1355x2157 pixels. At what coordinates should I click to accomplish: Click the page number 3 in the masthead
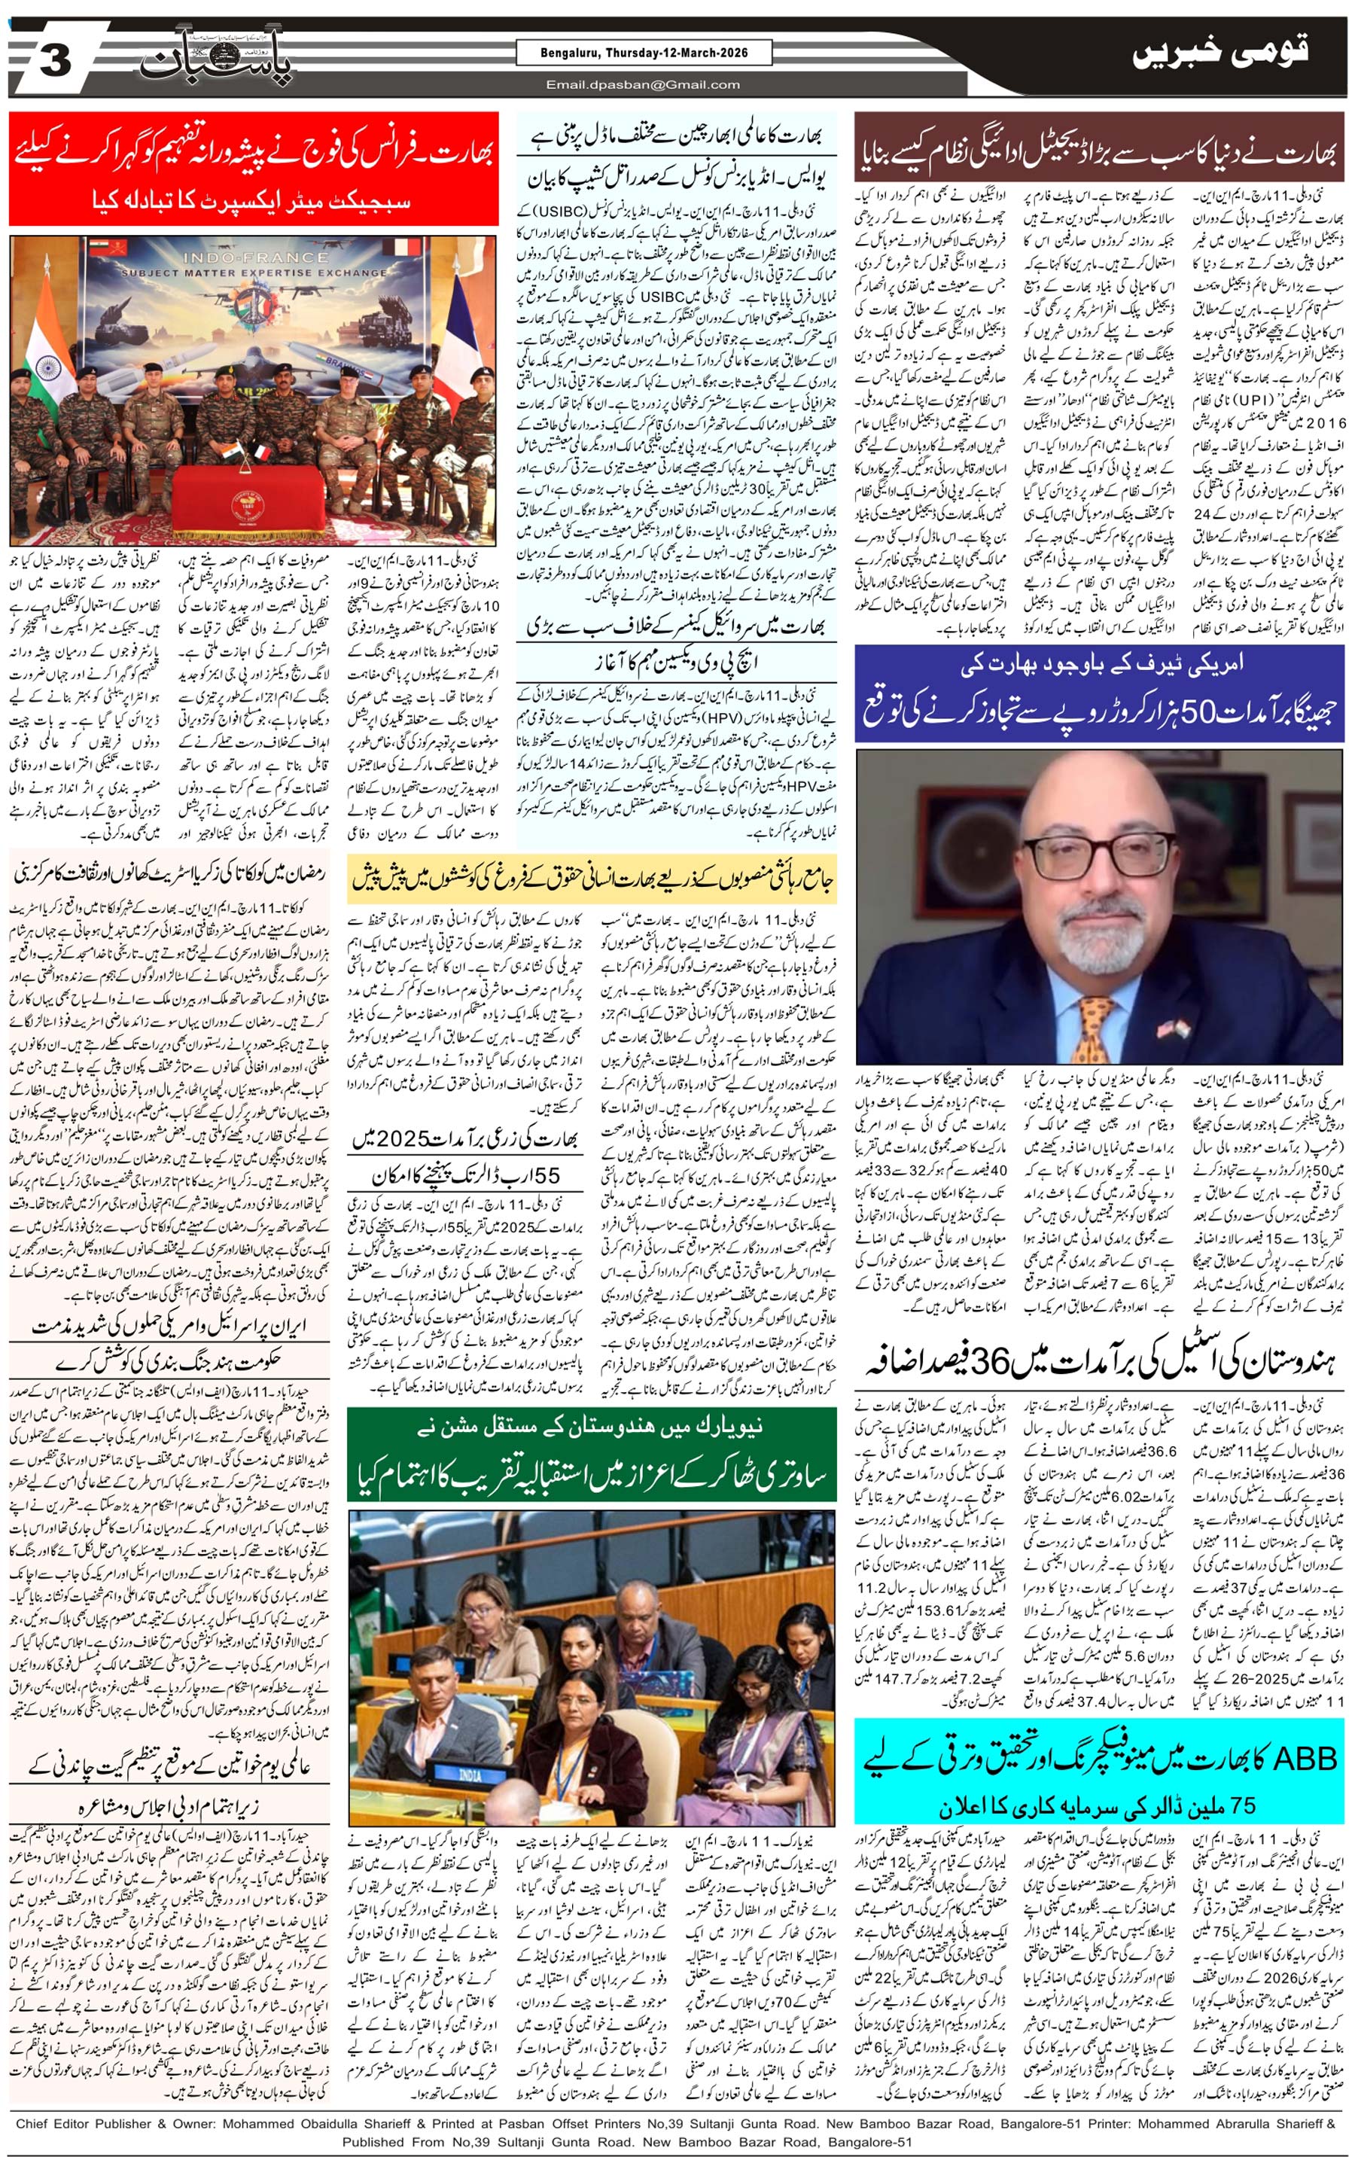(x=56, y=62)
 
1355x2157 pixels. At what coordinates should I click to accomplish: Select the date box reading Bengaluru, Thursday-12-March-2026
(x=644, y=53)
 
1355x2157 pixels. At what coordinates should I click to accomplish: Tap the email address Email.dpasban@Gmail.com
(x=643, y=85)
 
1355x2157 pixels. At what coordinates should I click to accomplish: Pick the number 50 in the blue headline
(x=1198, y=712)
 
